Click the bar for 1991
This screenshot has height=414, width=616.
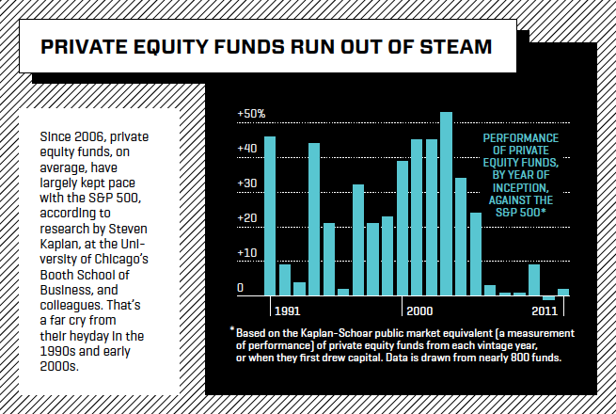click(270, 215)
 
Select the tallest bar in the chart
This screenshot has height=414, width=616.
click(446, 203)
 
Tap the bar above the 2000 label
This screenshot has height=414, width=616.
click(417, 217)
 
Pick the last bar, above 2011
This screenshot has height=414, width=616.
click(563, 292)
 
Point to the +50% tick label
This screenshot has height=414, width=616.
click(252, 114)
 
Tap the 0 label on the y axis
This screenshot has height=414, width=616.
click(241, 288)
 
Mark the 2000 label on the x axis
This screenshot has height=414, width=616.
click(419, 309)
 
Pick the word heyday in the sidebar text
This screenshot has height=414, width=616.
click(91, 335)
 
